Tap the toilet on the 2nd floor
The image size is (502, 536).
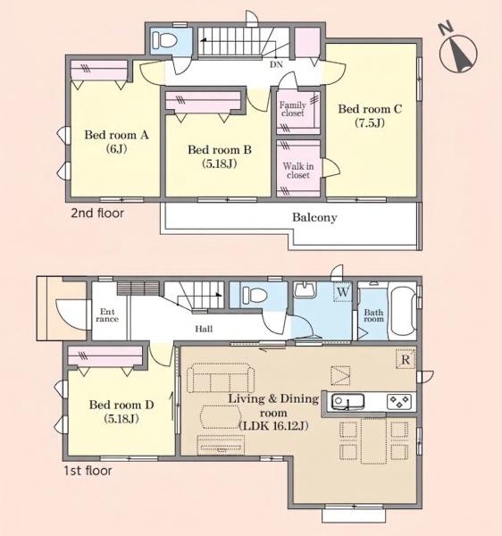pyautogui.click(x=164, y=41)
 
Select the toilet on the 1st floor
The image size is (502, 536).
pyautogui.click(x=254, y=295)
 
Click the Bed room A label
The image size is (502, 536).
pyautogui.click(x=116, y=141)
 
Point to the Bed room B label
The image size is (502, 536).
pyautogui.click(x=220, y=156)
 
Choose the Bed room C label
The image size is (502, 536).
pyautogui.click(x=370, y=115)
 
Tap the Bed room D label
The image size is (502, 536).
pyautogui.click(x=121, y=411)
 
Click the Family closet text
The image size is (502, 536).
pyautogui.click(x=292, y=109)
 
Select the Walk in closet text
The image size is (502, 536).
pyautogui.click(x=298, y=171)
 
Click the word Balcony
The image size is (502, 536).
pyautogui.click(x=314, y=217)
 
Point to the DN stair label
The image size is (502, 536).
pyautogui.click(x=276, y=64)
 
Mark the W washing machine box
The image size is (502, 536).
pyautogui.click(x=343, y=292)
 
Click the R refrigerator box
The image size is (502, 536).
pyautogui.click(x=406, y=359)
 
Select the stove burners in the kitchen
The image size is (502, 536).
pyautogui.click(x=399, y=402)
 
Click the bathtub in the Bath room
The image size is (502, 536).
pyautogui.click(x=403, y=311)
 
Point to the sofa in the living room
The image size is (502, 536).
pyautogui.click(x=221, y=378)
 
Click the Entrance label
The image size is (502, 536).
pyautogui.click(x=107, y=315)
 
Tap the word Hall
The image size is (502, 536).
pyautogui.click(x=204, y=329)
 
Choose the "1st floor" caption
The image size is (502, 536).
pyautogui.click(x=88, y=471)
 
